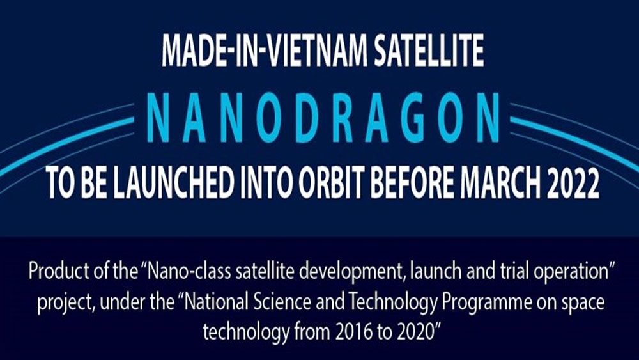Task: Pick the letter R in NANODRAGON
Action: [344, 118]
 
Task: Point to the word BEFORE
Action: [412, 183]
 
